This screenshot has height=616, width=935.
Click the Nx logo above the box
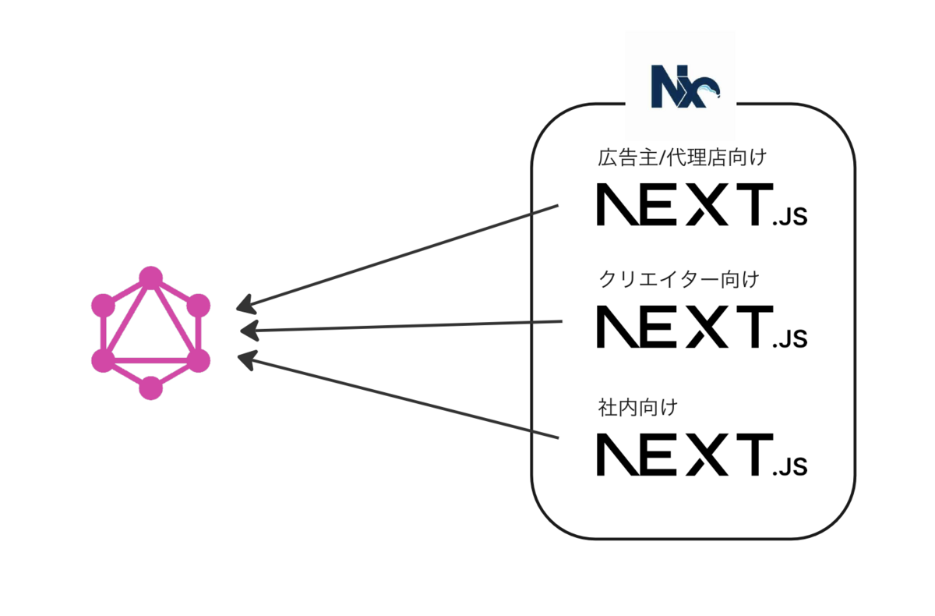point(685,87)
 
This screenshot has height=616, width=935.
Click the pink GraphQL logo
point(150,333)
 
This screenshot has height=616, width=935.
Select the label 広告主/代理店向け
point(683,158)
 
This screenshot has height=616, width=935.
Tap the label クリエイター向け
point(679,278)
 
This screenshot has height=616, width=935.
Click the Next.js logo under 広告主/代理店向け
point(701,205)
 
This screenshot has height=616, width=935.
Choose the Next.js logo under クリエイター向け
point(701,327)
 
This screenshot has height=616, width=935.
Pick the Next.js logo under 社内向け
point(701,455)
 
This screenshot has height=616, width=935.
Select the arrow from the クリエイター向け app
point(401,326)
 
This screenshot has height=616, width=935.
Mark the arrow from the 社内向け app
point(397,398)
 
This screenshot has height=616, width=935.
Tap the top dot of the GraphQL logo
point(150,278)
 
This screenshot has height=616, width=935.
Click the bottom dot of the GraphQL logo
point(150,388)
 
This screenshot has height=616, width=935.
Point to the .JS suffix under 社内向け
point(789,467)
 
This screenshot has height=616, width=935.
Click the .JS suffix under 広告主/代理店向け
point(789,218)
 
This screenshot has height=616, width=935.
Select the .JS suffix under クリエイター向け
point(789,338)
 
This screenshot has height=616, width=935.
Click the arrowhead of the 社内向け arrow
point(246,359)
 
